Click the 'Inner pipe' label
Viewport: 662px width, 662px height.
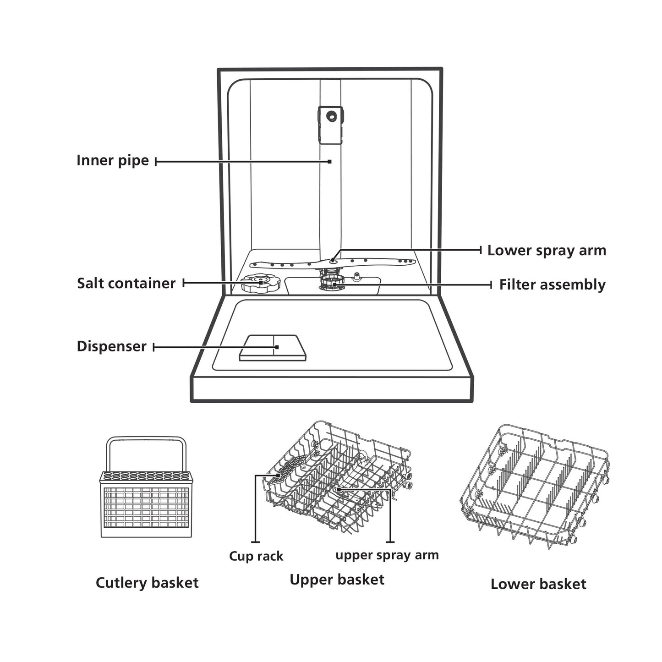tap(112, 161)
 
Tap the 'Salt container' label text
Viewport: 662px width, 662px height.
tap(126, 283)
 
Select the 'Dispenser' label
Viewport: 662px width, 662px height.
tap(111, 346)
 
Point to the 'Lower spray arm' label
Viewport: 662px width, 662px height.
tap(547, 251)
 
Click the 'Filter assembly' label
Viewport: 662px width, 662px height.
tap(552, 284)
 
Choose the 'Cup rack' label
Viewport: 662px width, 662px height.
tap(256, 556)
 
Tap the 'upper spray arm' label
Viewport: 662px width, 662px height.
tap(387, 555)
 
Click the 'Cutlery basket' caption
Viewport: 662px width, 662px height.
tap(147, 583)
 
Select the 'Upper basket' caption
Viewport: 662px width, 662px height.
tap(337, 580)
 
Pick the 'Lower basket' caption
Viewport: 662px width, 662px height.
tap(538, 584)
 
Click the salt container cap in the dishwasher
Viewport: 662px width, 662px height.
tap(259, 284)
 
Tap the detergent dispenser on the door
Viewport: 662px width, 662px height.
tap(274, 348)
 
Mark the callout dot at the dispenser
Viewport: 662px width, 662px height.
tap(277, 347)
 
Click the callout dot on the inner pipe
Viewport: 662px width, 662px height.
tap(329, 161)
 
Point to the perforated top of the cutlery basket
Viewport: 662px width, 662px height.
tap(146, 476)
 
